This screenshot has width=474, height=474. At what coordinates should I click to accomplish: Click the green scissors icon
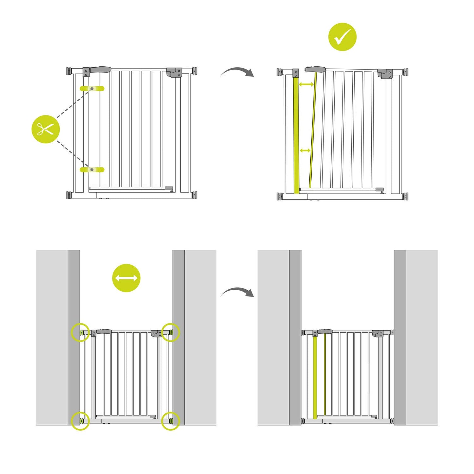pyautogui.click(x=46, y=129)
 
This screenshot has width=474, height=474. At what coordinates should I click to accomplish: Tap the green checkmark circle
pyautogui.click(x=342, y=37)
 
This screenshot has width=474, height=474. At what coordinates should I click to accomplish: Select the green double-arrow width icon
pyautogui.click(x=126, y=278)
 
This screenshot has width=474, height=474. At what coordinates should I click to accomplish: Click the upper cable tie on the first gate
pyautogui.click(x=92, y=89)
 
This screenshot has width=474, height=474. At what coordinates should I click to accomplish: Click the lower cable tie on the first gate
pyautogui.click(x=92, y=170)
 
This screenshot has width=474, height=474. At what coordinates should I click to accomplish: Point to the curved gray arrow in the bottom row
pyautogui.click(x=237, y=292)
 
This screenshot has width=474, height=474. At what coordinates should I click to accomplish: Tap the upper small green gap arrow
pyautogui.click(x=306, y=85)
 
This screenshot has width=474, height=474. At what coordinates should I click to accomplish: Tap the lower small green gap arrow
pyautogui.click(x=305, y=151)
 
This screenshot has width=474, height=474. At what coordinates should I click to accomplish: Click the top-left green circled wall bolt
pyautogui.click(x=80, y=332)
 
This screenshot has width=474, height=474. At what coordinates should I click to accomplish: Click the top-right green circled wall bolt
pyautogui.click(x=171, y=332)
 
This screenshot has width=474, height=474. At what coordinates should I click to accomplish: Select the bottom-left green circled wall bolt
pyautogui.click(x=80, y=421)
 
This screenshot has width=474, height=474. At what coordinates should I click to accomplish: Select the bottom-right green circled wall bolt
pyautogui.click(x=171, y=421)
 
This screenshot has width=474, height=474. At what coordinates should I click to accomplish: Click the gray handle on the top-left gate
pyautogui.click(x=101, y=70)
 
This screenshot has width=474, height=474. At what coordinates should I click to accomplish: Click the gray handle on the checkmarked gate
pyautogui.click(x=316, y=69)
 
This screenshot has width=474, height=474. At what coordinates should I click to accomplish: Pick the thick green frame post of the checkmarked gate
pyautogui.click(x=296, y=134)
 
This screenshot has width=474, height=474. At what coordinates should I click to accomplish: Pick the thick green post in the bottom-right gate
pyautogui.click(x=315, y=377)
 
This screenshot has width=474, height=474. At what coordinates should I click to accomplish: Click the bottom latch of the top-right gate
pyautogui.click(x=380, y=190)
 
